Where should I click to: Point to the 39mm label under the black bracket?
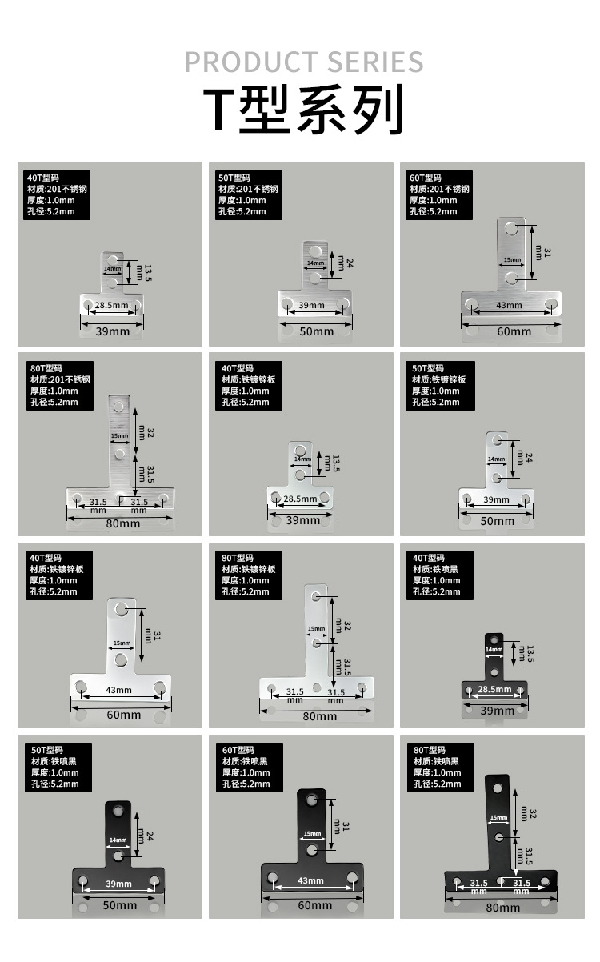[498, 711]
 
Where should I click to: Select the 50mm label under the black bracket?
[119, 905]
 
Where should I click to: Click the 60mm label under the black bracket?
[314, 905]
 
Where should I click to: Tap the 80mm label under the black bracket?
[502, 907]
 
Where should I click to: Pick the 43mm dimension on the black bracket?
[310, 880]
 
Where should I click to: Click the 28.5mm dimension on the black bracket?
[494, 689]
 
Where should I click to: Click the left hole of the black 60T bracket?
[274, 879]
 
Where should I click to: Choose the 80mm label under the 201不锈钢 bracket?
[123, 523]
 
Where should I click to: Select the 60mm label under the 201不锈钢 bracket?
[514, 331]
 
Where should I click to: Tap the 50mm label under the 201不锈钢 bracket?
[316, 331]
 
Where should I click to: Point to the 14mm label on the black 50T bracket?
[118, 840]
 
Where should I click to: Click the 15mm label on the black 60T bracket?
[310, 834]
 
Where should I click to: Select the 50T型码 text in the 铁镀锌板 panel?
[427, 368]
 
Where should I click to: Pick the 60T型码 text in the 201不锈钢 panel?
[425, 178]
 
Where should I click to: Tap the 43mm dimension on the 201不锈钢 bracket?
[509, 305]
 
